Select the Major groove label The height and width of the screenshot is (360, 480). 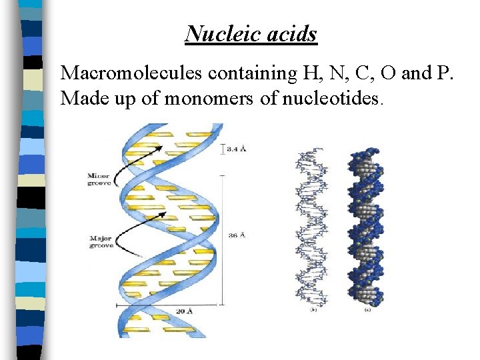pyautogui.click(x=102, y=241)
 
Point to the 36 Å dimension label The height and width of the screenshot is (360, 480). pyautogui.click(x=236, y=235)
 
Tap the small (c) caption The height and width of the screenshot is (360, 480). pyautogui.click(x=367, y=309)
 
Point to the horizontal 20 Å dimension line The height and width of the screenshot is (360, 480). pyautogui.click(x=167, y=305)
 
